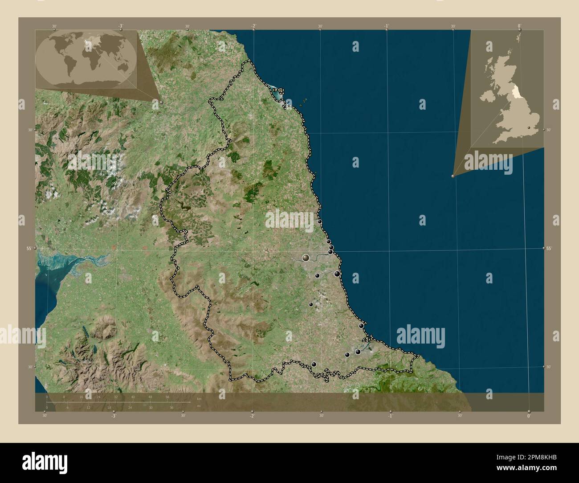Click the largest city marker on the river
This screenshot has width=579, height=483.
click(x=306, y=258)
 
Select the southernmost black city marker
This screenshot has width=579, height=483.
click(x=314, y=364)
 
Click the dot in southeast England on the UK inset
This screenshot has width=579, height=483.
click(x=529, y=128)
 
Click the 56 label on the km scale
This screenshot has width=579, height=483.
click(x=167, y=397)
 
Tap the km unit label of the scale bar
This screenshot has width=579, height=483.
click(x=199, y=398)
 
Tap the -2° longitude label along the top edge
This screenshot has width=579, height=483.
click(x=253, y=26)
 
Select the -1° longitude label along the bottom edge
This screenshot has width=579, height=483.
click(x=390, y=416)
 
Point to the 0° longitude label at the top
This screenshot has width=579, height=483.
click(x=519, y=26)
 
